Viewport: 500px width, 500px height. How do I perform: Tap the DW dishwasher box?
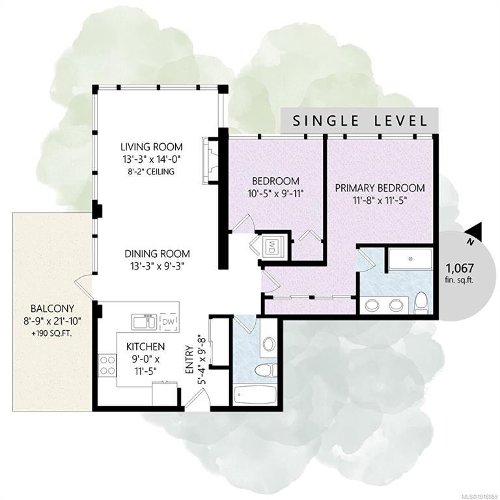(168, 322)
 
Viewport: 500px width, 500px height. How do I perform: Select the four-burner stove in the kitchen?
(107, 365)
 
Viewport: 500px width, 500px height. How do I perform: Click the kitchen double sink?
(145, 322)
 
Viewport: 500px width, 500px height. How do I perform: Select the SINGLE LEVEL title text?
(359, 121)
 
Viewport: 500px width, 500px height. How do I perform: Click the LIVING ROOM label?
(152, 147)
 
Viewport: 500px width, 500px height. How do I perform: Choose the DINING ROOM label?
(157, 254)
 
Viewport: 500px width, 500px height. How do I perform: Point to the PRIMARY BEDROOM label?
(380, 187)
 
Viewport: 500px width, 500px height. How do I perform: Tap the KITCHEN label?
(145, 346)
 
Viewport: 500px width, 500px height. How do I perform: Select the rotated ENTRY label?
(189, 359)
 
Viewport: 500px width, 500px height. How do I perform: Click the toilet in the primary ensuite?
(421, 303)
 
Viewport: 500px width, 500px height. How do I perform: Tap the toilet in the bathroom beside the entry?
(266, 370)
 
